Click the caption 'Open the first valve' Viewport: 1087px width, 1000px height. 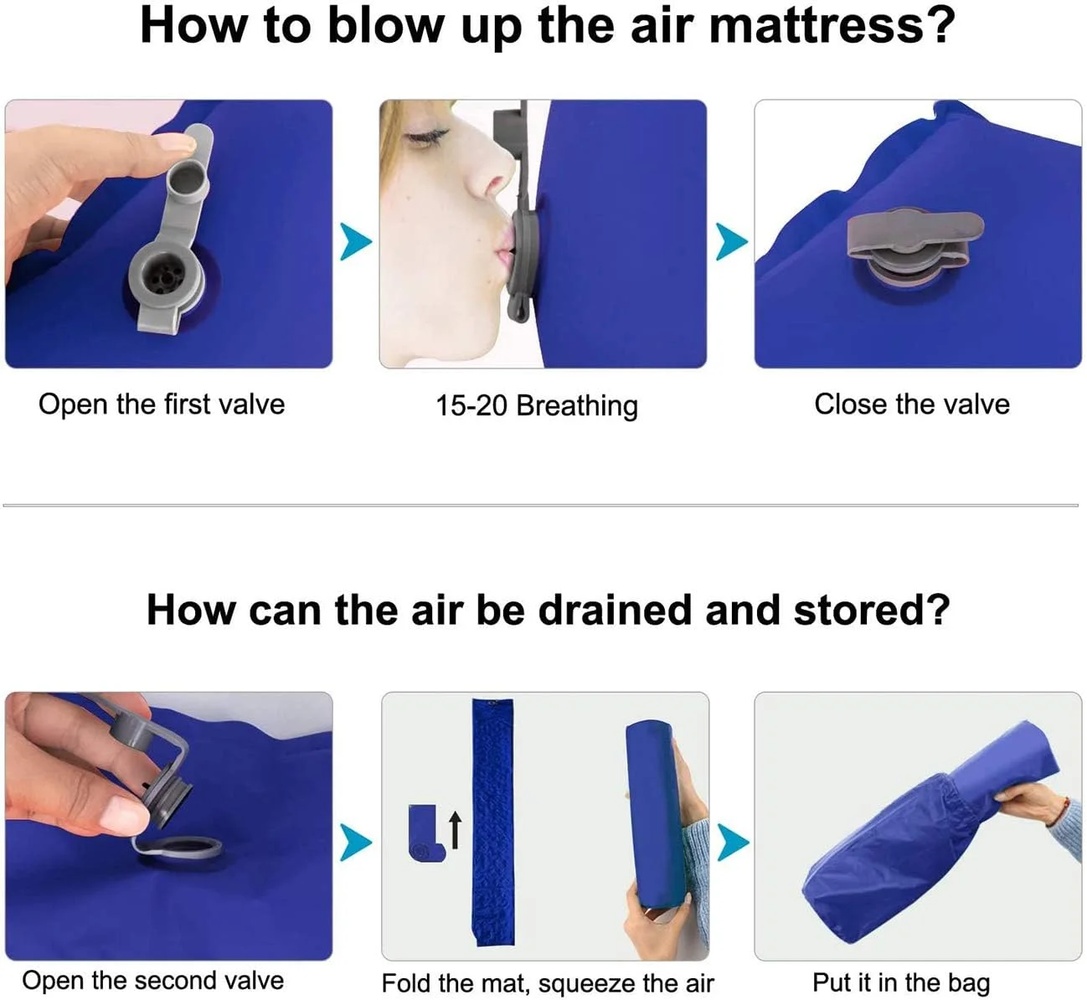pyautogui.click(x=162, y=405)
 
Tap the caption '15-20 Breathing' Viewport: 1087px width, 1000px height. pyautogui.click(x=537, y=405)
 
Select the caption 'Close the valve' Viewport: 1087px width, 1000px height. pyautogui.click(x=912, y=405)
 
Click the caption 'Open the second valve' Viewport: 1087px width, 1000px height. pyautogui.click(x=152, y=980)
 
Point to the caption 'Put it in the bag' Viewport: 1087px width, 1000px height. pyautogui.click(x=901, y=982)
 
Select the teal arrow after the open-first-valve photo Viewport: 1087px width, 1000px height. pyautogui.click(x=356, y=242)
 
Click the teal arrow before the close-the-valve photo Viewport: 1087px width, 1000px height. pyautogui.click(x=732, y=242)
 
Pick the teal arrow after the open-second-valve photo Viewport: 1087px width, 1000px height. pyautogui.click(x=356, y=843)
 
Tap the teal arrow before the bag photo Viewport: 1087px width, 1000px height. pyautogui.click(x=733, y=843)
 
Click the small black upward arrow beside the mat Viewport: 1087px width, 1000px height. pyautogui.click(x=456, y=829)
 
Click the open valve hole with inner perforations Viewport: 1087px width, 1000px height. pyautogui.click(x=166, y=276)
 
